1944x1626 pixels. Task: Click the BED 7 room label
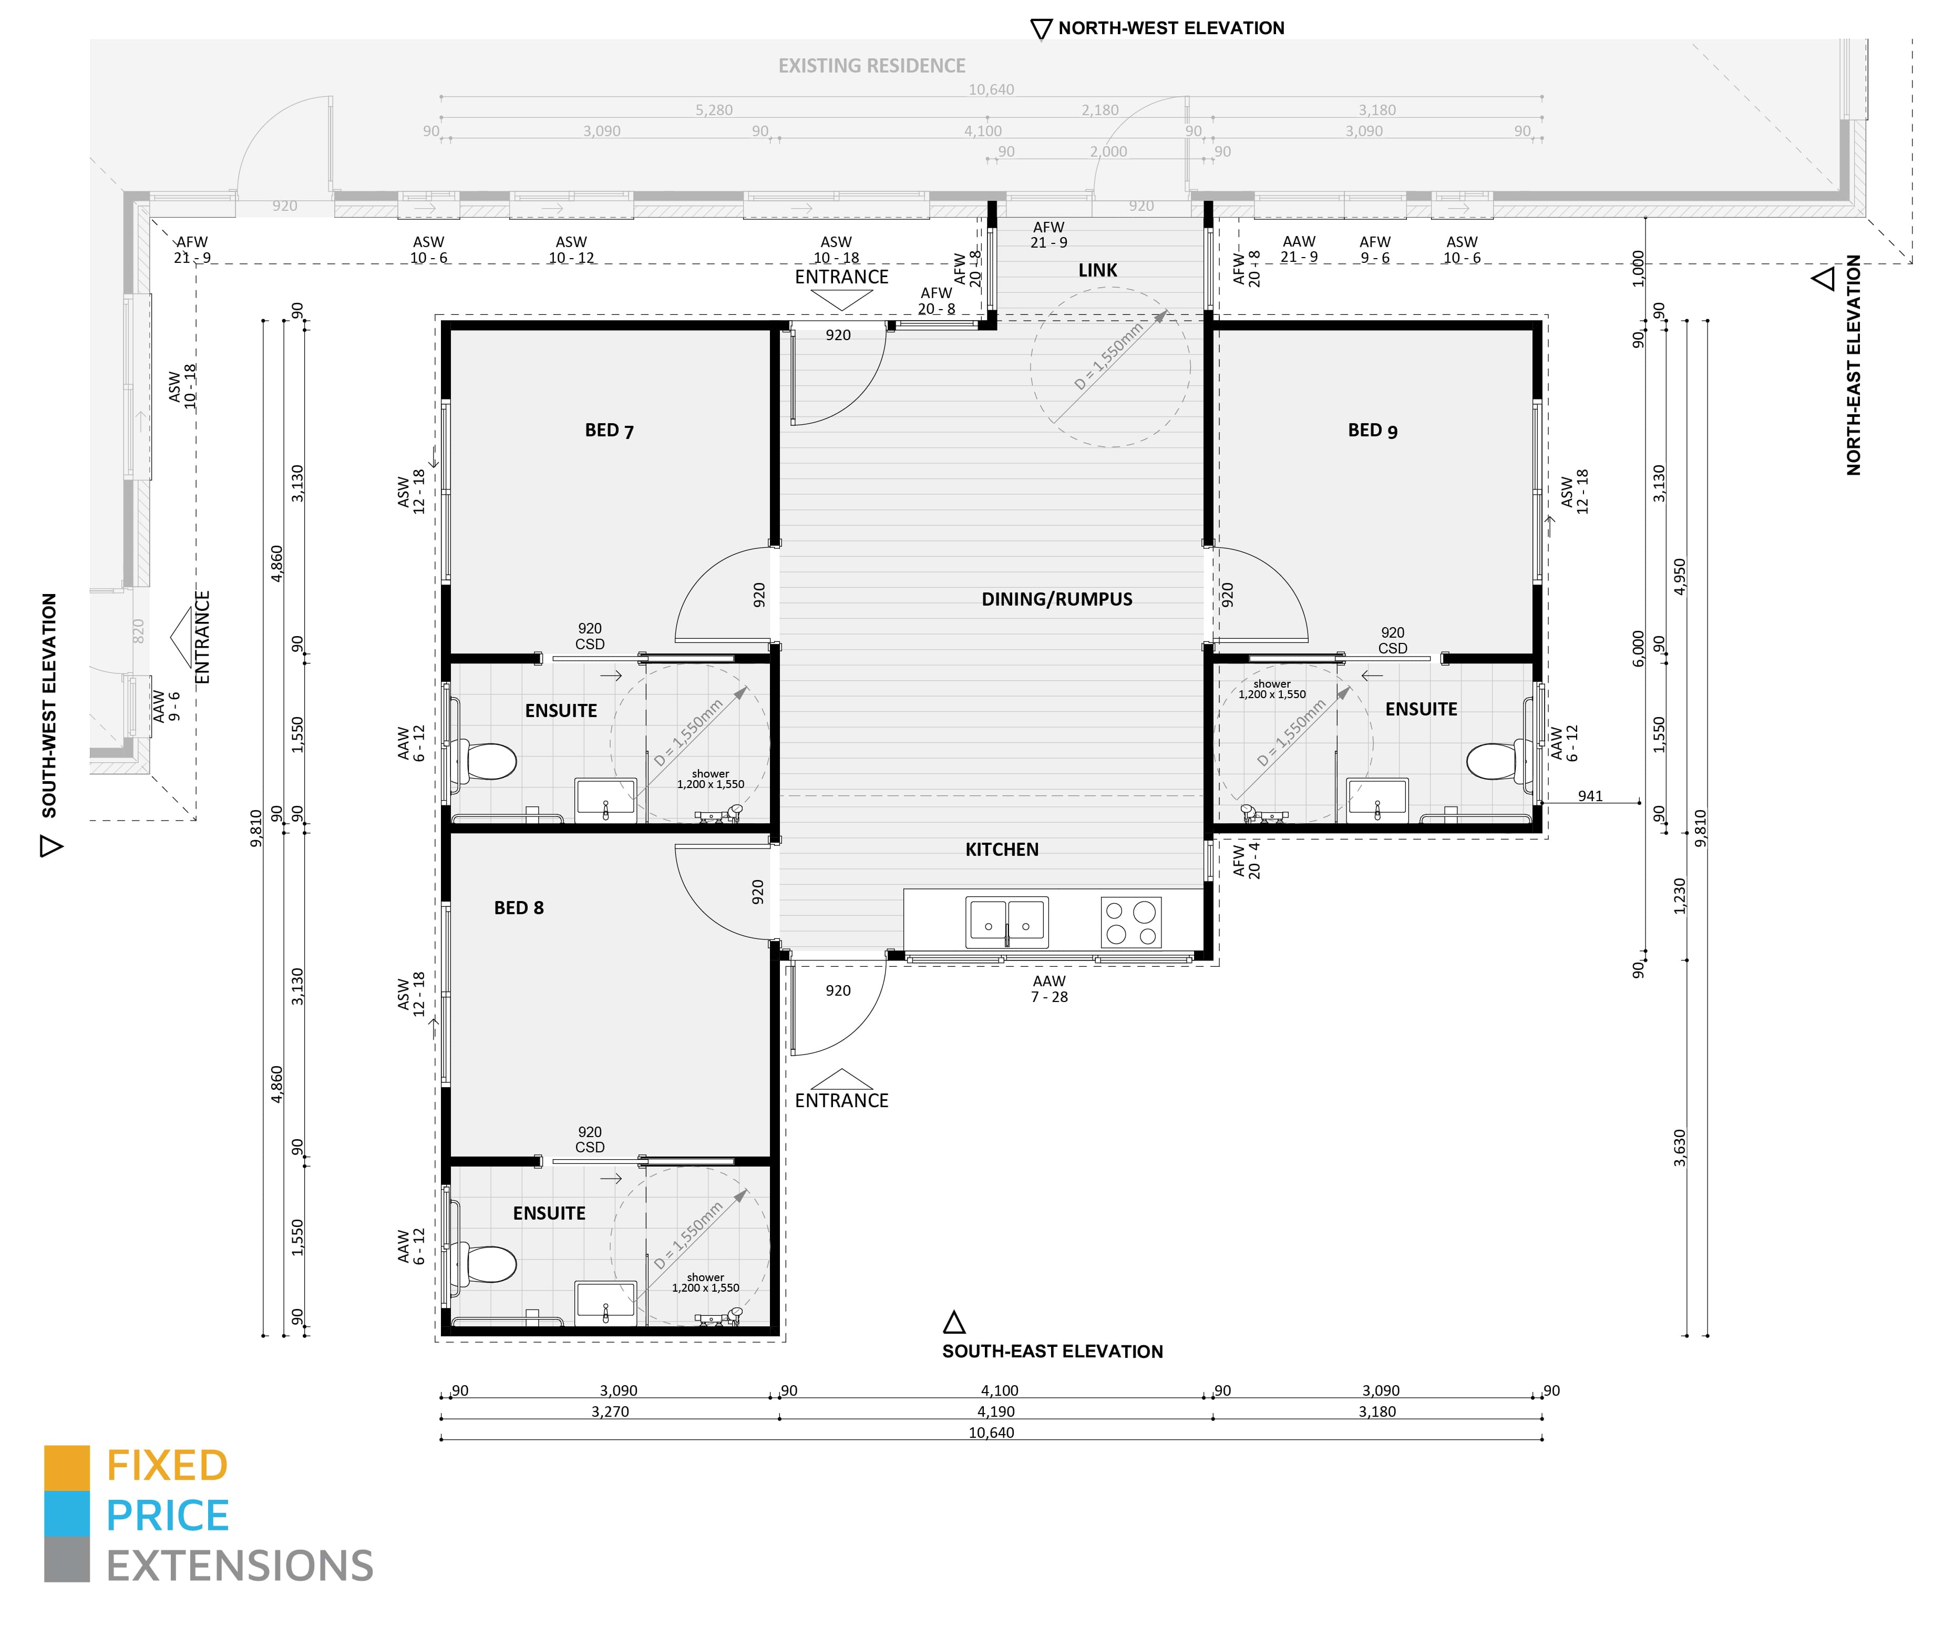609,431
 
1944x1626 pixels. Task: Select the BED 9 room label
1373,431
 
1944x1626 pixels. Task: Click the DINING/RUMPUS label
1056,599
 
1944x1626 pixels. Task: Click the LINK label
1098,270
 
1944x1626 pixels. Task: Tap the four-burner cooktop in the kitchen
1130,922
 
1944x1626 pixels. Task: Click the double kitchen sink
1007,922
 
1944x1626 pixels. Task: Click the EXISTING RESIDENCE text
871,66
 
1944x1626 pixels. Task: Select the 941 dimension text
1590,795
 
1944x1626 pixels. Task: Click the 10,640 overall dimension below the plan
991,1433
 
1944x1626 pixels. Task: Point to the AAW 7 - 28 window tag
1050,989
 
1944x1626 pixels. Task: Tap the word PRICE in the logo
168,1516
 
